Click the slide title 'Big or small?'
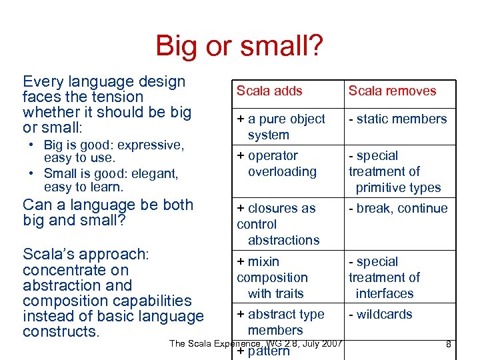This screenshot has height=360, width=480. click(x=239, y=46)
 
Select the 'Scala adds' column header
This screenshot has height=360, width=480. click(x=269, y=91)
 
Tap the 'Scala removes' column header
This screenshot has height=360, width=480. click(x=392, y=91)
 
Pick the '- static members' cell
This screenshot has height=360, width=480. click(x=397, y=119)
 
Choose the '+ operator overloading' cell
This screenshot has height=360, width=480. click(x=276, y=163)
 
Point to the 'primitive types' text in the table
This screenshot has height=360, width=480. click(x=398, y=188)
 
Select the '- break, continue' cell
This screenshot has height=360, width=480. click(x=398, y=209)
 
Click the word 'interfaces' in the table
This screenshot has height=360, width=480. click(x=385, y=293)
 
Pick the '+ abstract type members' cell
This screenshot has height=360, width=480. click(x=280, y=322)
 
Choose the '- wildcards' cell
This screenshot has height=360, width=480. click(x=380, y=315)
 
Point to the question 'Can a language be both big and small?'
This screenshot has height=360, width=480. click(x=107, y=212)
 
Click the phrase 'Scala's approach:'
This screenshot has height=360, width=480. click(x=85, y=254)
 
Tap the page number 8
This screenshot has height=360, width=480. click(x=449, y=344)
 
